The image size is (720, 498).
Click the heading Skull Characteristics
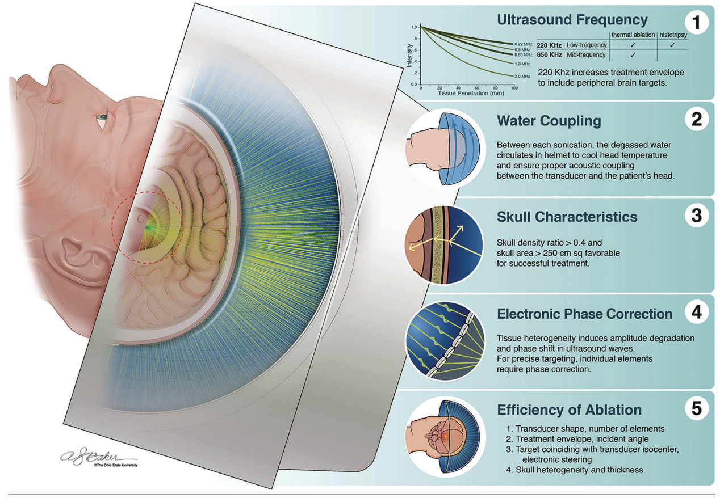(x=567, y=217)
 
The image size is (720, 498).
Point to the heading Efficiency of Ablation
(x=570, y=410)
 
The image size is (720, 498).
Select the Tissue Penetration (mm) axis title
(x=471, y=93)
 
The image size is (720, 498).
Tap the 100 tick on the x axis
(x=514, y=88)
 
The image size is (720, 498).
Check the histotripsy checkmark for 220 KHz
(x=672, y=45)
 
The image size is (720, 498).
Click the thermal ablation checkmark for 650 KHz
(x=632, y=55)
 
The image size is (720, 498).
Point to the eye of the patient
(x=102, y=117)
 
